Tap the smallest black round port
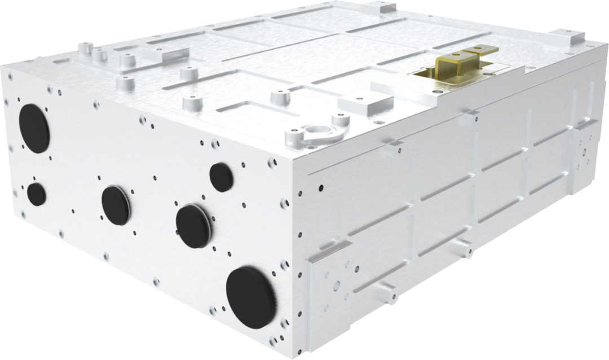[37, 194]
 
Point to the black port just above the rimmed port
[221, 177]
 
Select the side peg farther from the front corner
[464, 247]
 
